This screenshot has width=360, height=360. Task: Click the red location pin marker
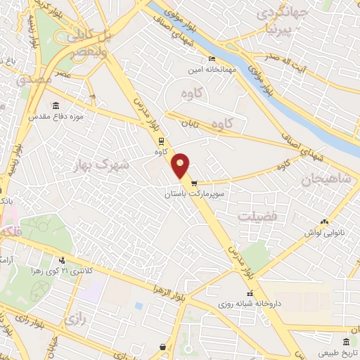coord(181,165)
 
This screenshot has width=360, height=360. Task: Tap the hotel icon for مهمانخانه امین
coord(212,60)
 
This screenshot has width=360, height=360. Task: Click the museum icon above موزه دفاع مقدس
coord(92,95)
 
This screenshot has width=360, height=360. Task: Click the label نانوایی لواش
coord(323,231)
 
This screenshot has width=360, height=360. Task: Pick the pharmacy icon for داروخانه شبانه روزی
coord(250,294)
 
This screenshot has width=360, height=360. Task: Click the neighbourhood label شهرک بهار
coord(112,165)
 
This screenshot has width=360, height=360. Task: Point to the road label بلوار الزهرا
coord(172,291)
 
